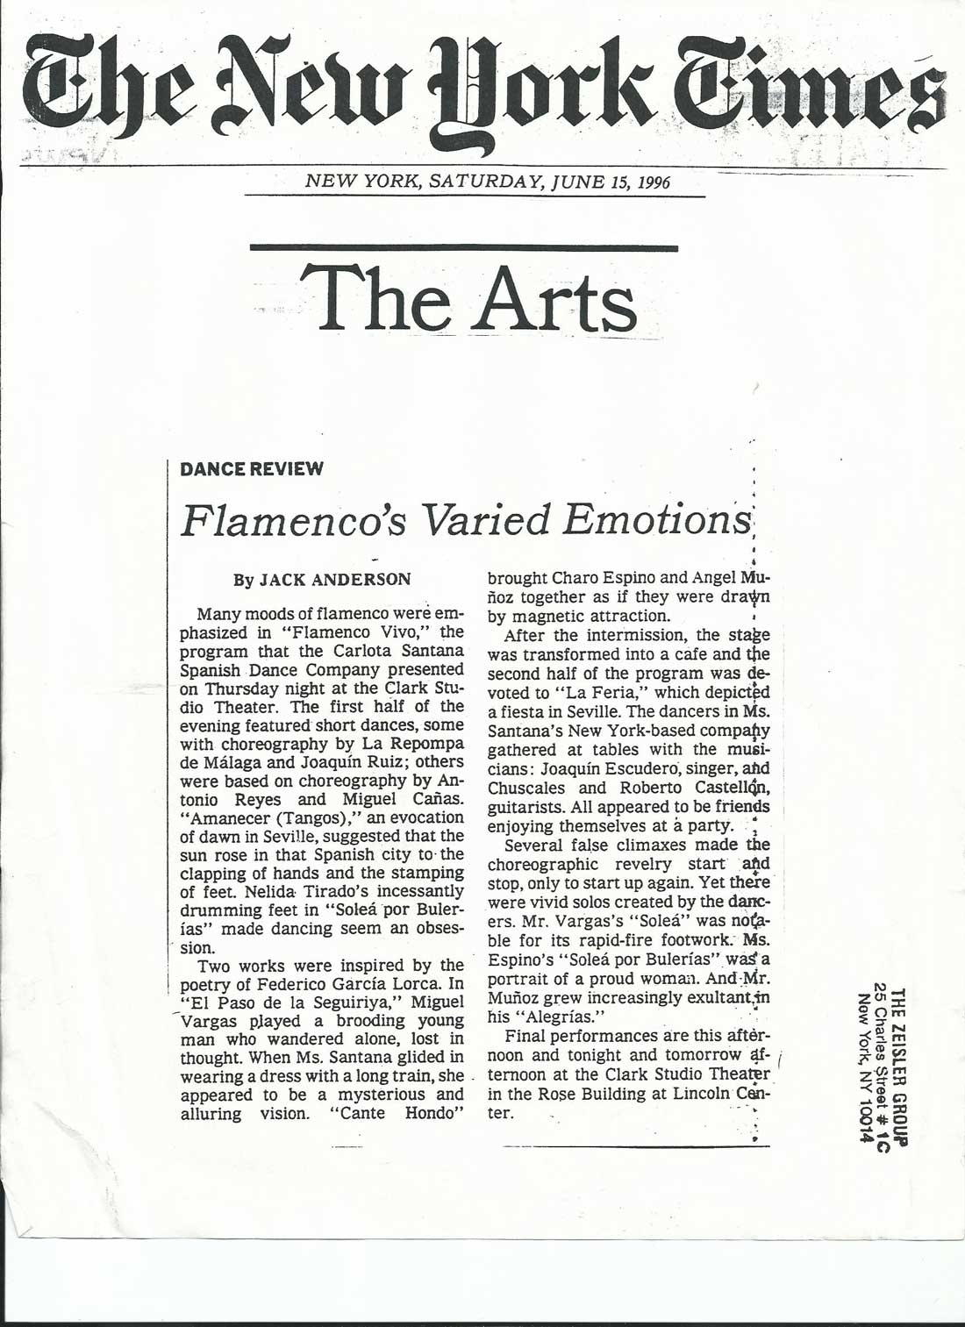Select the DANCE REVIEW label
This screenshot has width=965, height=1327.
[x=252, y=468]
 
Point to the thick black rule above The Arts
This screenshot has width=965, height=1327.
[x=464, y=249]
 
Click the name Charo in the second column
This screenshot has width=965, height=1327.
[x=577, y=578]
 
